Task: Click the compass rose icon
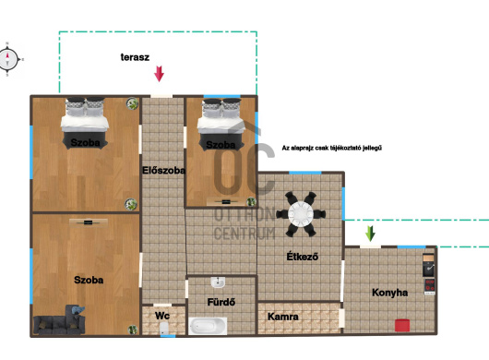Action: pos(9,59)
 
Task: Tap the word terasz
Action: pos(135,57)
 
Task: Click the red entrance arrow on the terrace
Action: pos(159,74)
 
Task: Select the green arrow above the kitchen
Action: pos(370,234)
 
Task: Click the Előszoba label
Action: pos(163,171)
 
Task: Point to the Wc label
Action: pos(162,316)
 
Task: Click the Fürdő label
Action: pos(221,302)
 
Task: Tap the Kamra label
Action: pos(283,317)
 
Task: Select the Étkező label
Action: pos(303,257)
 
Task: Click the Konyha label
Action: pos(390,293)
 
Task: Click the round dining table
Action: pos(301,214)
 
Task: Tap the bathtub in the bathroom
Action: pos(208,327)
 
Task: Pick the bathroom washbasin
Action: pos(218,282)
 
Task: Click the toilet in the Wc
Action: pos(164,329)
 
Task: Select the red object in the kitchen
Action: pos(402,325)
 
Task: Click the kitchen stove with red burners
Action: pos(429,286)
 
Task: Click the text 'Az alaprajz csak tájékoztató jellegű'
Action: pos(332,148)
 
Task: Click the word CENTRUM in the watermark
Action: pos(244,234)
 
